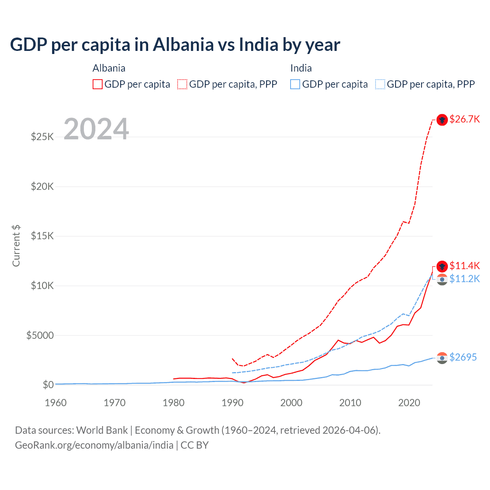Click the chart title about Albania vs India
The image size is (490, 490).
point(175,45)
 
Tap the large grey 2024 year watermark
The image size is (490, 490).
point(96,129)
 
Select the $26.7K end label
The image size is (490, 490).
point(464,119)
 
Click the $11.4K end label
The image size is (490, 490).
point(464,266)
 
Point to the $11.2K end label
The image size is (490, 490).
point(464,279)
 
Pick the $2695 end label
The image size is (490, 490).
point(463,357)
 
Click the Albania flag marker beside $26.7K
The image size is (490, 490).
point(442,120)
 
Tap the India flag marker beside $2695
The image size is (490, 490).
point(442,358)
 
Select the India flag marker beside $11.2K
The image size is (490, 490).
point(442,279)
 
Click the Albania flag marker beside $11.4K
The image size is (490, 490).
point(442,266)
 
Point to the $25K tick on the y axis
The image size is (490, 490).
point(42,137)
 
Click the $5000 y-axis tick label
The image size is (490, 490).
point(40,335)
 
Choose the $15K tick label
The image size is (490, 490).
point(42,236)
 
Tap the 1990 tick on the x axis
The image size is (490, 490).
point(232,403)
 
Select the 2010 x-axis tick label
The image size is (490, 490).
point(350,403)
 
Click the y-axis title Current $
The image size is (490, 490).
point(16,246)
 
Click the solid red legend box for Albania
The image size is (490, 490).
point(98,84)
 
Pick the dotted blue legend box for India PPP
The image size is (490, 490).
point(380,84)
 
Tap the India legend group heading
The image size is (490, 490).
point(301,68)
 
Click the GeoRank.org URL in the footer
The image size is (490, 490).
point(94,445)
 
